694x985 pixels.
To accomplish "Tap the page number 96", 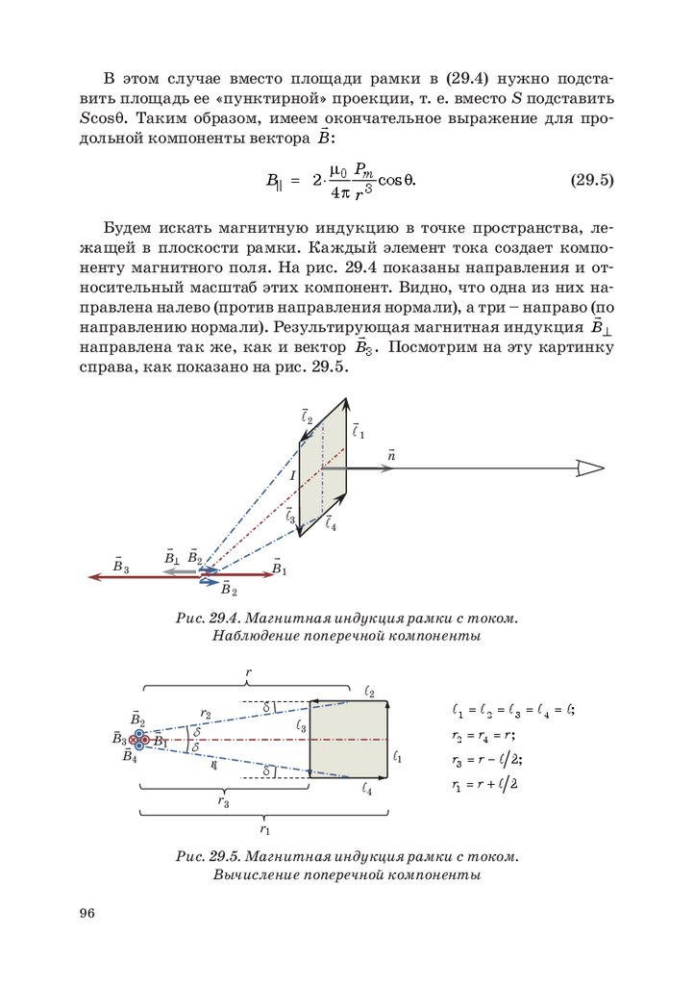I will click(88, 913).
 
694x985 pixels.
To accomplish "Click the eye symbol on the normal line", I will click(589, 468).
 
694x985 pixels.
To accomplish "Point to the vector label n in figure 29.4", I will click(391, 454).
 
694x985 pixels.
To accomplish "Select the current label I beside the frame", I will click(292, 475).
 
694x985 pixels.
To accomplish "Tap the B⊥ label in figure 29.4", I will click(172, 558).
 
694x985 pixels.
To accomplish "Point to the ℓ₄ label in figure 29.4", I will click(331, 523).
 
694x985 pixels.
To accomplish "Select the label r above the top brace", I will click(249, 673).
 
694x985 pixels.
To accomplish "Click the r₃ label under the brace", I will click(223, 799).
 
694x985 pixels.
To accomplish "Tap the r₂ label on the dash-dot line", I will click(206, 714).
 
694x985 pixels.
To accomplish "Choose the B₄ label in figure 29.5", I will click(131, 757).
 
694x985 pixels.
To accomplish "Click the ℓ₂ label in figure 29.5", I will click(369, 692).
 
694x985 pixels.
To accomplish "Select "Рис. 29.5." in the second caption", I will click(210, 855).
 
